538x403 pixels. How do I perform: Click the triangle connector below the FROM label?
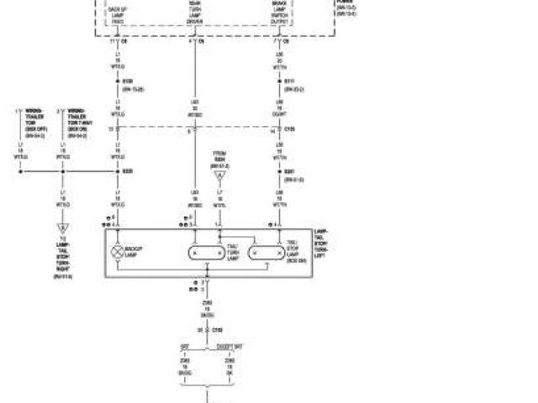pyautogui.click(x=219, y=175)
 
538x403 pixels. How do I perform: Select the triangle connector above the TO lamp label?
pyautogui.click(x=62, y=228)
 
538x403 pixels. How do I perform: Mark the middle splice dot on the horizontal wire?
pyautogui.click(x=62, y=171)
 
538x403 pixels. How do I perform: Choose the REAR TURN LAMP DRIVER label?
pyautogui.click(x=196, y=13)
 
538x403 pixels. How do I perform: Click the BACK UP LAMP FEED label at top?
pyautogui.click(x=118, y=13)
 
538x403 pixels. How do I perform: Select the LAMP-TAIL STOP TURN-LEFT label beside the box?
pyautogui.click(x=323, y=245)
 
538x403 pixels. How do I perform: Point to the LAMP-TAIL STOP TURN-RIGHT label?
pyautogui.click(x=63, y=260)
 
